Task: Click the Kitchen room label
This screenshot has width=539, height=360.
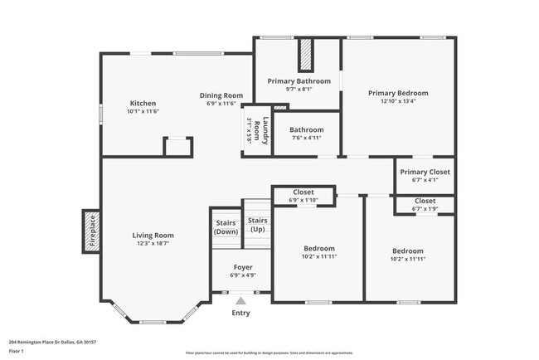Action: (x=143, y=103)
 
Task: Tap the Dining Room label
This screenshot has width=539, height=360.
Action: (x=225, y=95)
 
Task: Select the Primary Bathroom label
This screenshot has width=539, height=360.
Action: (x=299, y=80)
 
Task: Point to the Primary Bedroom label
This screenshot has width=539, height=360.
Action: (x=398, y=93)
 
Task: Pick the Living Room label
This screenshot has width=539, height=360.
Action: (x=153, y=236)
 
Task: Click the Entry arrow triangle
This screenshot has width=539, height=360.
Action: (x=240, y=300)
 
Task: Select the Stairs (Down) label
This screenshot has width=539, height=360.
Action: (x=226, y=227)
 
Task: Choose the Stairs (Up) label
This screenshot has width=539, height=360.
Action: (x=258, y=224)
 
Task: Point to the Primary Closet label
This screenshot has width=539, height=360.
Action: (x=425, y=172)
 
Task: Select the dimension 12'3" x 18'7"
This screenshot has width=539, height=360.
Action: (x=153, y=244)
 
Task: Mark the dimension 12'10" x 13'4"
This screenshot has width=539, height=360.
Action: (x=398, y=102)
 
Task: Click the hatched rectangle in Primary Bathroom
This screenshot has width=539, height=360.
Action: (x=305, y=56)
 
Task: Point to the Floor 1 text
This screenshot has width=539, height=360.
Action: (x=17, y=351)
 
